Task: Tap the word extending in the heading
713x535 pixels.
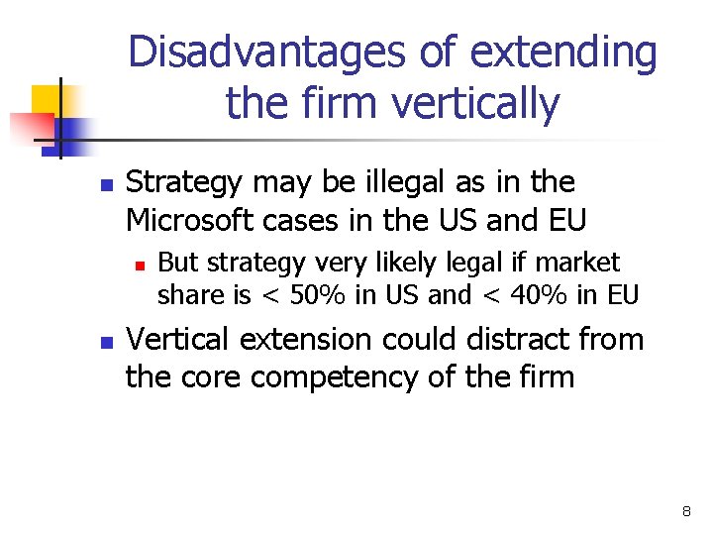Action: click(563, 53)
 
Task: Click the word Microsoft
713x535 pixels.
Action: click(198, 219)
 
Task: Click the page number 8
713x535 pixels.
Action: click(686, 512)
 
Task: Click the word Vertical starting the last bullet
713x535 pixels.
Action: click(179, 340)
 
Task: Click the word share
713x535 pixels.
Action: click(188, 295)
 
